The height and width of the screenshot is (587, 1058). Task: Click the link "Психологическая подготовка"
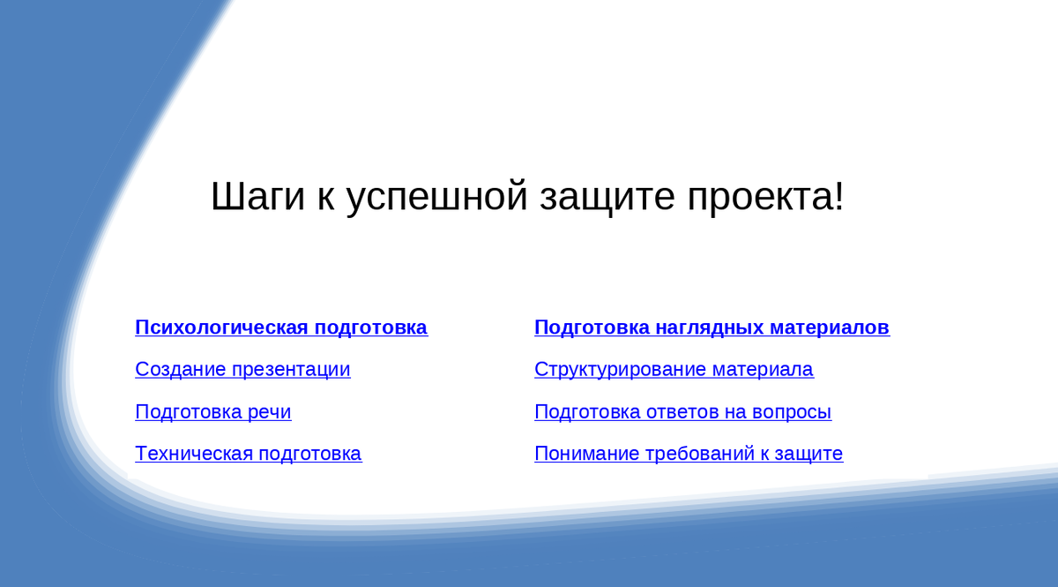281,327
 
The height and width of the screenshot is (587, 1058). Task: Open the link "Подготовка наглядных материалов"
712,327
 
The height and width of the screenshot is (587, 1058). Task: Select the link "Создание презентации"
242,370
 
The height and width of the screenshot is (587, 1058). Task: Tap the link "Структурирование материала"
674,370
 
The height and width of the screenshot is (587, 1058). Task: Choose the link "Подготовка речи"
213,411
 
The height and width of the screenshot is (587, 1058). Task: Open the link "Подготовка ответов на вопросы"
683,411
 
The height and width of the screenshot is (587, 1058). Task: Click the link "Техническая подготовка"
249,453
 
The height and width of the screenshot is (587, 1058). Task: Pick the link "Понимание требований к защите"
689,453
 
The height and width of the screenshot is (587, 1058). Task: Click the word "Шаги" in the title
257,196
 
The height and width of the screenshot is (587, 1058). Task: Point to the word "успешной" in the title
437,197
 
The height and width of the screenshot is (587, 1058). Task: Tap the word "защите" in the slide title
607,197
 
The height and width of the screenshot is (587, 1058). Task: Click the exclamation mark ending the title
838,195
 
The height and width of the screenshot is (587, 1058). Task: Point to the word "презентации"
291,370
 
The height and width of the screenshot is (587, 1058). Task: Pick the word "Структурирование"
620,370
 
